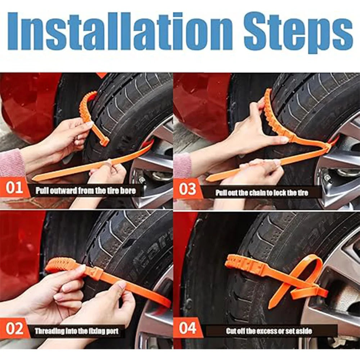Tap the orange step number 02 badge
pyautogui.click(x=14, y=329)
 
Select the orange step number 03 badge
pyautogui.click(x=187, y=189)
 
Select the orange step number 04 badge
pyautogui.click(x=188, y=329)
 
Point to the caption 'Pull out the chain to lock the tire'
pyautogui.click(x=262, y=193)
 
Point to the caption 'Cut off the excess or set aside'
pyautogui.click(x=269, y=330)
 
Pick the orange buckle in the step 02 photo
pyautogui.click(x=95, y=273)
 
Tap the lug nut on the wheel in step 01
pyautogui.click(x=141, y=179)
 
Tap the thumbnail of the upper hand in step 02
pyautogui.click(x=80, y=268)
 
